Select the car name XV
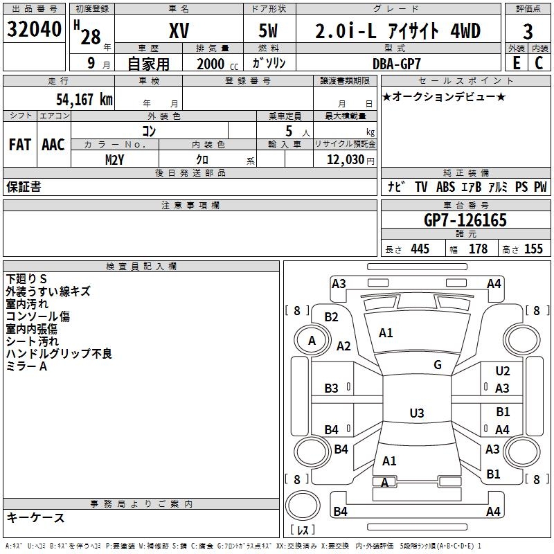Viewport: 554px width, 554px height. (x=179, y=31)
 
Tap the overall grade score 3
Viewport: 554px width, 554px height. (x=528, y=32)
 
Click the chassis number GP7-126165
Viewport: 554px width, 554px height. (x=465, y=220)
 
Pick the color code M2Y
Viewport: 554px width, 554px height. (x=115, y=159)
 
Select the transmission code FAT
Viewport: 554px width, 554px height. (x=19, y=145)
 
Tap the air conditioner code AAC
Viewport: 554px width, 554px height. (x=53, y=145)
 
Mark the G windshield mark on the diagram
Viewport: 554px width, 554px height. (x=438, y=365)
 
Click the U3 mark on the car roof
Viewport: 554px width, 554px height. (x=416, y=413)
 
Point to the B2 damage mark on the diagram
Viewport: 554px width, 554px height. (x=332, y=317)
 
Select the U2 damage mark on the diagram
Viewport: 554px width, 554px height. (x=503, y=371)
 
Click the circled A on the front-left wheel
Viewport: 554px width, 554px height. (x=312, y=340)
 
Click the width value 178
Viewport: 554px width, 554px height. (x=479, y=249)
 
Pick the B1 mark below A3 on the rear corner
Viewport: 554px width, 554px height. (x=494, y=474)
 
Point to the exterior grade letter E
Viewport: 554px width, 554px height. (x=516, y=63)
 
